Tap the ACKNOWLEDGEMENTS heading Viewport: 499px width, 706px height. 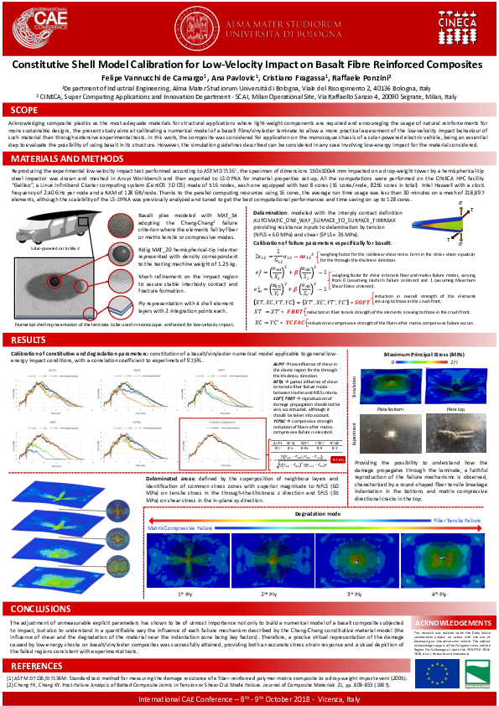tap(453, 624)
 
